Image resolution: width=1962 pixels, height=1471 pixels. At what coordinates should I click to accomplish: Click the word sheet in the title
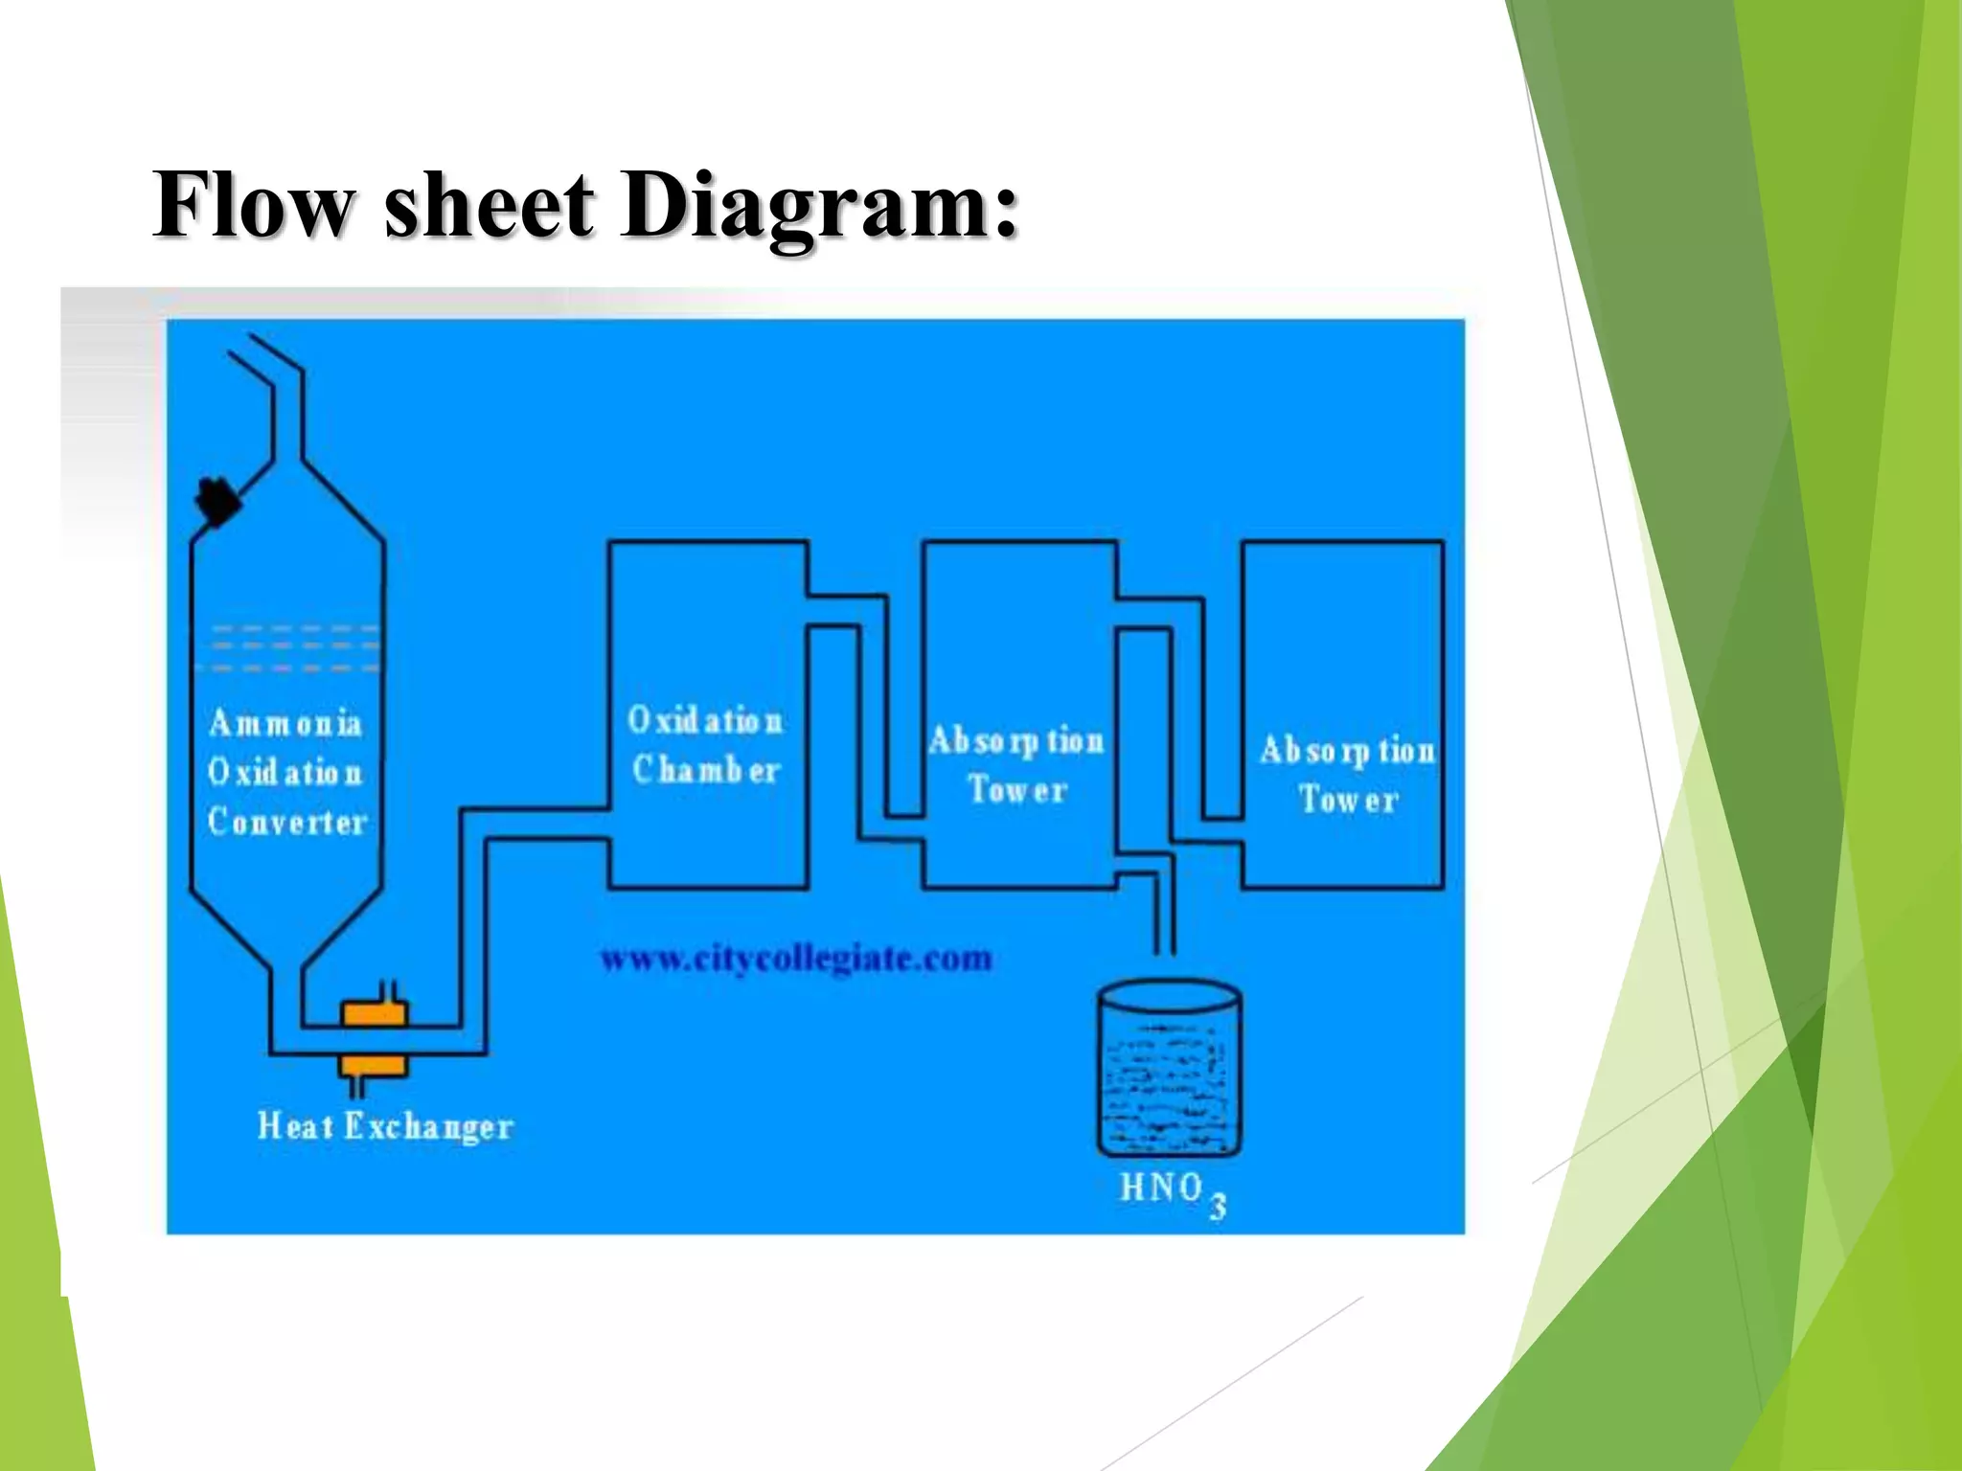(490, 205)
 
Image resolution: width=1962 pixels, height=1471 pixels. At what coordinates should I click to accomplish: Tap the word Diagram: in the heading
(819, 207)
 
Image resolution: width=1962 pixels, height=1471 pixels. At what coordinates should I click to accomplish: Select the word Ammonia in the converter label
(285, 723)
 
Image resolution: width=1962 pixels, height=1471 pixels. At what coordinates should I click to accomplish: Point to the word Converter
(287, 822)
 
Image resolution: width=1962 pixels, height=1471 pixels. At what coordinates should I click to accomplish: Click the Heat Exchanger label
(385, 1126)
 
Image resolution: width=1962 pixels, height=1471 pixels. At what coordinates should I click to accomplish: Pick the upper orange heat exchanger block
(375, 1013)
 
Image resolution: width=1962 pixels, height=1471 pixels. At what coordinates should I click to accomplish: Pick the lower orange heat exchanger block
(375, 1065)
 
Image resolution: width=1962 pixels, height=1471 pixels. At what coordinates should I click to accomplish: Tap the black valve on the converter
(217, 501)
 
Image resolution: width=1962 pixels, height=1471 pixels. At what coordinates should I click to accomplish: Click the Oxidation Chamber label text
(706, 745)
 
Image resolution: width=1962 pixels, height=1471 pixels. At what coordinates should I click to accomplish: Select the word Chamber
(707, 770)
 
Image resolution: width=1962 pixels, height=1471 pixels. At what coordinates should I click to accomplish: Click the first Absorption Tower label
(1016, 764)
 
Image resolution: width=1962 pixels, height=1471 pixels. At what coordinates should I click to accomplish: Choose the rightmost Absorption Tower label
(1348, 774)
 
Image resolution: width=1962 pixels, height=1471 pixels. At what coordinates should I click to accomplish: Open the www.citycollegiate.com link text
(796, 958)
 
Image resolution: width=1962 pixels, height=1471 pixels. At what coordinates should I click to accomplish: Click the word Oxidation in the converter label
(285, 772)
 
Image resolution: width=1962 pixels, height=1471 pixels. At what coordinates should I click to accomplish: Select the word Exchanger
(428, 1127)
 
